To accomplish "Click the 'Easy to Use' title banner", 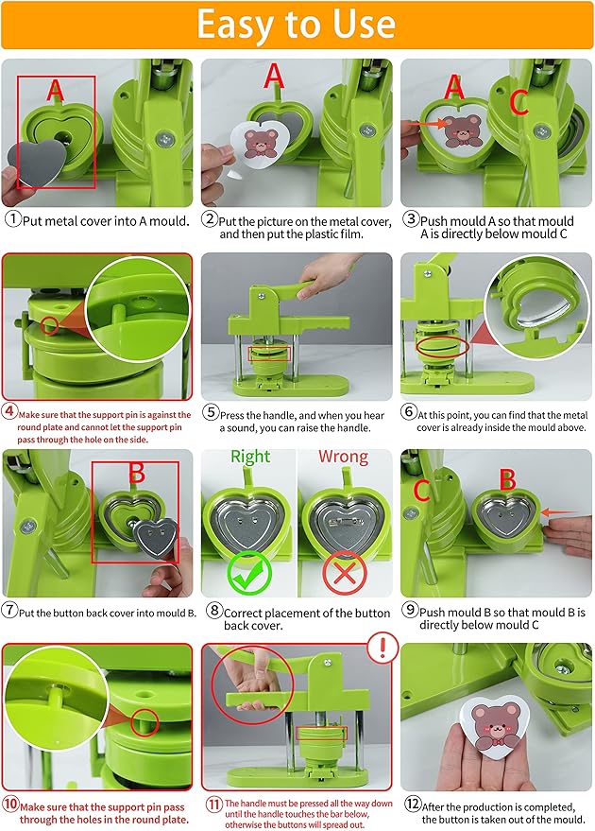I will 297,25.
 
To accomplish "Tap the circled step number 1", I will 12,219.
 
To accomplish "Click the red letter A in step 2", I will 274,76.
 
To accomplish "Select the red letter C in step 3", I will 518,102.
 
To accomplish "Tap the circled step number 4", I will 9,411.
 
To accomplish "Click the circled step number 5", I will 210,414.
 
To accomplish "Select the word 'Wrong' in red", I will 342,457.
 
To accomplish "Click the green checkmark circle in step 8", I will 248,572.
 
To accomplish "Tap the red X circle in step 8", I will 344,572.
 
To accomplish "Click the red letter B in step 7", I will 136,473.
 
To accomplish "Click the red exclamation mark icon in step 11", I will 382,648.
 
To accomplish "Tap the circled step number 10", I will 10,805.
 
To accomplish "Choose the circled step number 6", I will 409,414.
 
